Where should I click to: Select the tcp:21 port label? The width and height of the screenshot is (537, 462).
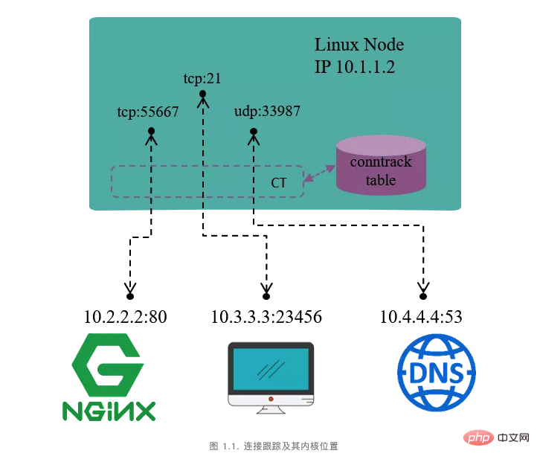coord(202,77)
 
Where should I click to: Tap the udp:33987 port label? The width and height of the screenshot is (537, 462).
coord(266,112)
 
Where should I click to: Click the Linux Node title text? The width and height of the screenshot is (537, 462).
coord(359,45)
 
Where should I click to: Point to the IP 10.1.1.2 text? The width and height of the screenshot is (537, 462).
coord(354,67)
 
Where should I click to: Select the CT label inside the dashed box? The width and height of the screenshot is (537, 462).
coord(279,182)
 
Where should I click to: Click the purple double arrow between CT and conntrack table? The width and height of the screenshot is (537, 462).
coord(319,173)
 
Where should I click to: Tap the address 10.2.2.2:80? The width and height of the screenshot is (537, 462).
coord(126,317)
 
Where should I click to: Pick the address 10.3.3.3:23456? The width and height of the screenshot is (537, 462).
coord(266,317)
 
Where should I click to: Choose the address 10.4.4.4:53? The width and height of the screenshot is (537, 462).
coord(421,317)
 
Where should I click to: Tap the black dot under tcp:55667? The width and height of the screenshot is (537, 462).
coord(151,132)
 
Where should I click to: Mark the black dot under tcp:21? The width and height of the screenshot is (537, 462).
coord(202,93)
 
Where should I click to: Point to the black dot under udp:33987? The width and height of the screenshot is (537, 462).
coord(253,132)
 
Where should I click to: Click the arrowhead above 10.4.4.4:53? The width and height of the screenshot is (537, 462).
coord(425,287)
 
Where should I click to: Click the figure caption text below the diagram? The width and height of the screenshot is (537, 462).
coord(274,446)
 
